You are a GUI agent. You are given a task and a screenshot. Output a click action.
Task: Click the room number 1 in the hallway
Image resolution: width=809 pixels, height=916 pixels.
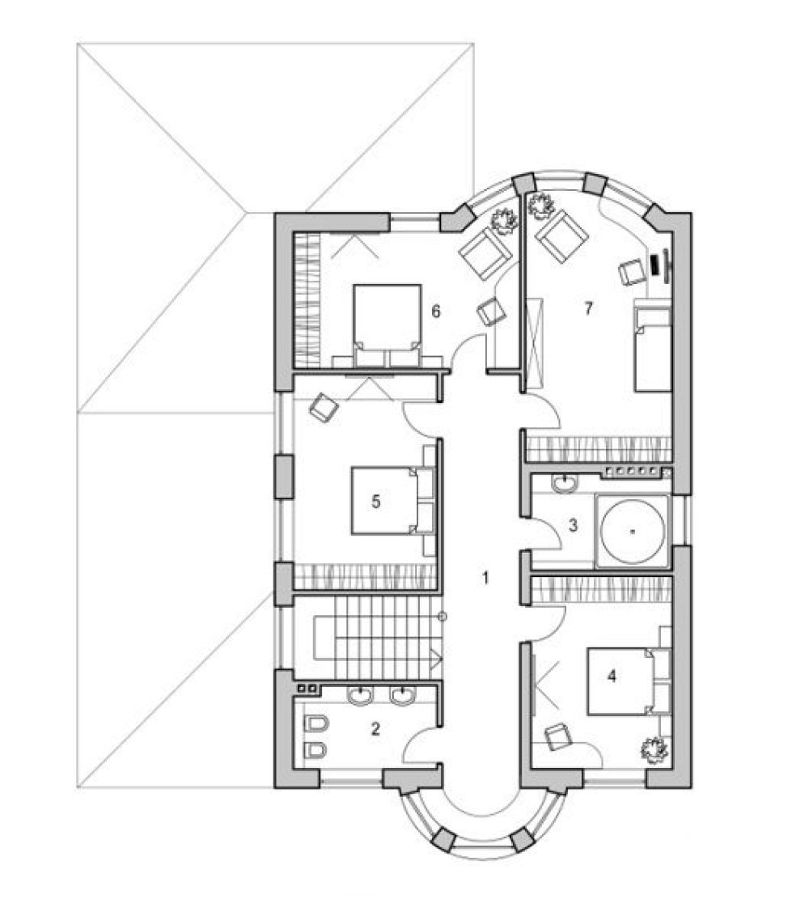click(485, 578)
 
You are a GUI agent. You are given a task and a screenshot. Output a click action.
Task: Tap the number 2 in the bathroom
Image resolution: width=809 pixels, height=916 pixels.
click(375, 728)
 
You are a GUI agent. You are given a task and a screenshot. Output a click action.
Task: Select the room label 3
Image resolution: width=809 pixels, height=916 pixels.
click(574, 525)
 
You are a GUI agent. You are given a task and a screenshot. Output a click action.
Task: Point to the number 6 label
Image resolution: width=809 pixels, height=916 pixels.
click(436, 312)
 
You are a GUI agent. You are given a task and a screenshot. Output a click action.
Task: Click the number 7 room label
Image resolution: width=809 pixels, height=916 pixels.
click(589, 307)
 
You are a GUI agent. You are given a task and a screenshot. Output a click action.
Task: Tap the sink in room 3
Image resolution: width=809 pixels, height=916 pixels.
click(564, 484)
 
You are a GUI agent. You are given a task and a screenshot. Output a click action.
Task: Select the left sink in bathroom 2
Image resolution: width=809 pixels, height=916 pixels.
click(360, 695)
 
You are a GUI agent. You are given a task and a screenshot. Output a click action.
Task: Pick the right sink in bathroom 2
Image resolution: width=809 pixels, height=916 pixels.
click(402, 695)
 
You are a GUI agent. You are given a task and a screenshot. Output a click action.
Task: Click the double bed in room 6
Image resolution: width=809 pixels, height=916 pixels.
click(388, 325)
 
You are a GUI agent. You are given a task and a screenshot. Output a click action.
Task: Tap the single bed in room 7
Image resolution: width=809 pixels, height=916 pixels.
click(652, 349)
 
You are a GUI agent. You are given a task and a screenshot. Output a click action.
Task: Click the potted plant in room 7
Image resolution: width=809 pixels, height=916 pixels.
click(540, 205)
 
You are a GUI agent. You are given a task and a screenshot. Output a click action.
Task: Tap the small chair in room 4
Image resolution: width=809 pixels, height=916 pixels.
click(559, 736)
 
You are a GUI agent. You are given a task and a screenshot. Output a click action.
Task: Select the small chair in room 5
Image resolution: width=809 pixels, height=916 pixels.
click(324, 406)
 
